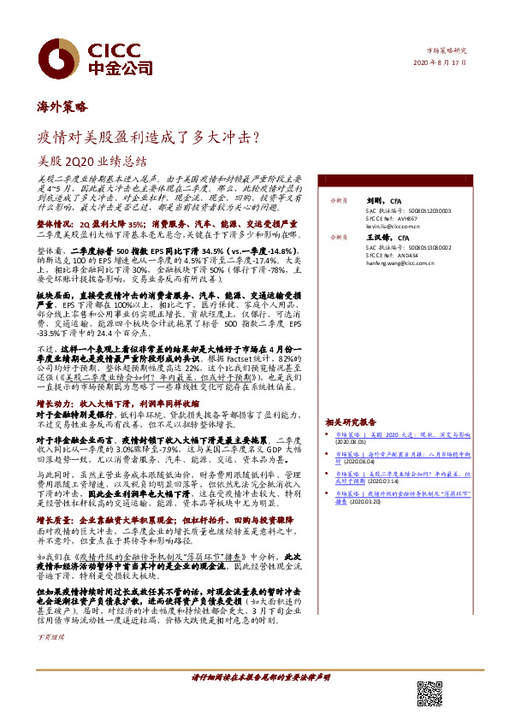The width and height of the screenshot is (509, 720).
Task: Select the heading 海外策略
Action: tap(62, 109)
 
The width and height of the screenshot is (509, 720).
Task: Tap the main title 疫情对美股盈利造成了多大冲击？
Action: tap(148, 136)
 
